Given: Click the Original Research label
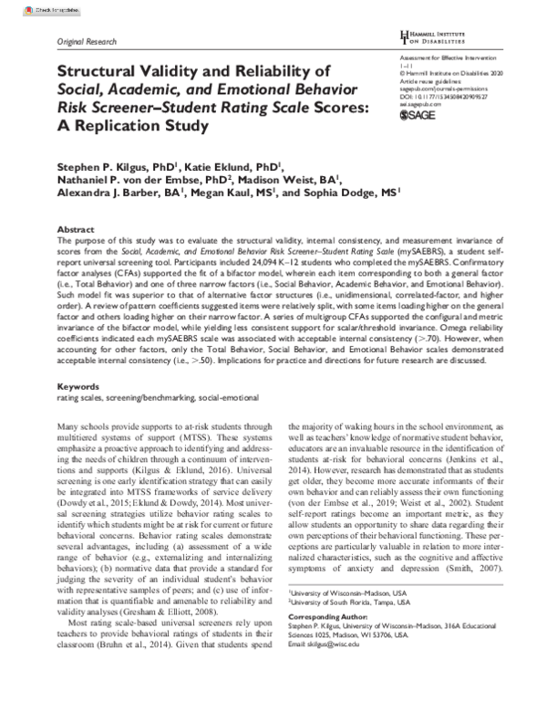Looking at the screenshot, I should pos(87,43).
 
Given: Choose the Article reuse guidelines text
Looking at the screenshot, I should pos(432,80).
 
